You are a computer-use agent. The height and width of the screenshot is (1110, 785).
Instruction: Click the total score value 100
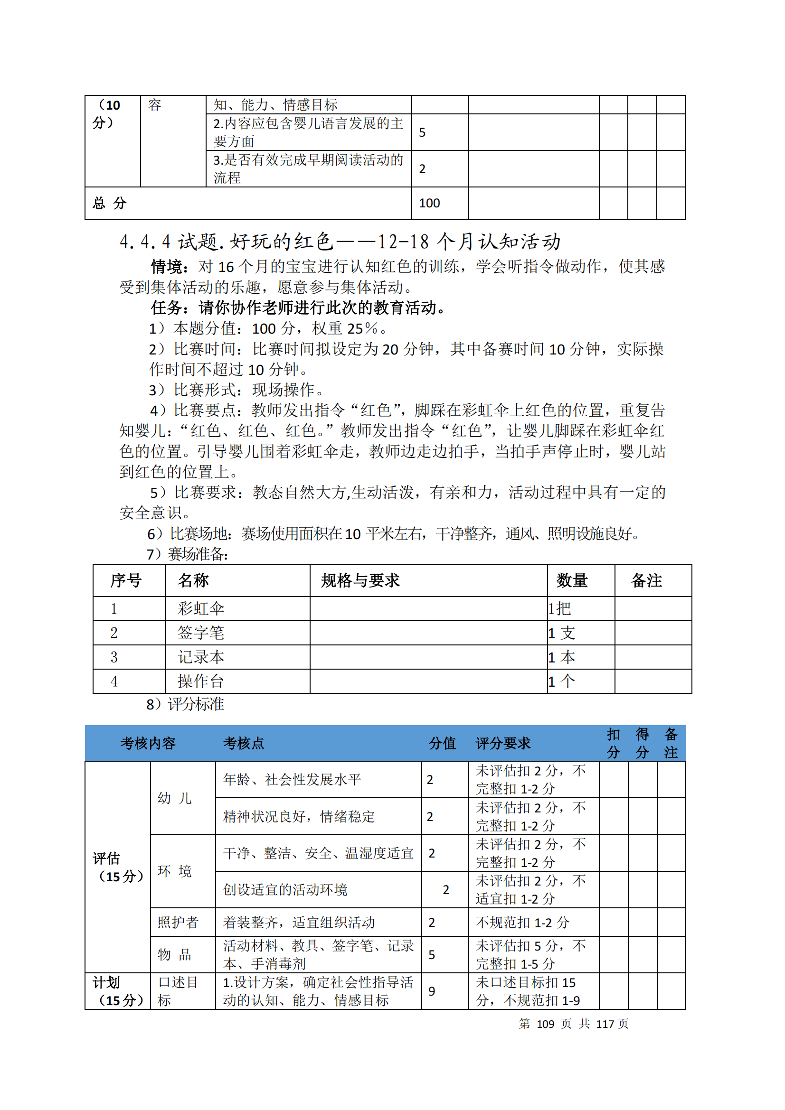coord(429,203)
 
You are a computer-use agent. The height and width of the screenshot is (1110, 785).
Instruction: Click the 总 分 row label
coord(109,203)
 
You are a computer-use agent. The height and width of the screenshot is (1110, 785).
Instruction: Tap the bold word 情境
coord(166,266)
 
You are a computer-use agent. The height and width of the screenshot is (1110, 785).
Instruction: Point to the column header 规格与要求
coord(360,580)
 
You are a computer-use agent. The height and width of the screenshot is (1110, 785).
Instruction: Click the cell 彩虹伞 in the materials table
coord(201,608)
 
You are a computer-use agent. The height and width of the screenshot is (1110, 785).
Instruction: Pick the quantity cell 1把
coord(559,608)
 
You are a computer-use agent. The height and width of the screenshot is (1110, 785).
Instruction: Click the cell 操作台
coord(201,681)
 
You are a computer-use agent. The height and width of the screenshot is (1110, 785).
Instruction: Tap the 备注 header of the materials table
coord(646,580)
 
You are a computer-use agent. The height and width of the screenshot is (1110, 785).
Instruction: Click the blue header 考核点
coord(243,743)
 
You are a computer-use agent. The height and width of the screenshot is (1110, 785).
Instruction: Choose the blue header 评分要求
coord(503,743)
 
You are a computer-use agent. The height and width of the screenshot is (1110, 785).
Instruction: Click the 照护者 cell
coord(178,922)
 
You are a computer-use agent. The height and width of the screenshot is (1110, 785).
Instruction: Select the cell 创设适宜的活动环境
coord(285,889)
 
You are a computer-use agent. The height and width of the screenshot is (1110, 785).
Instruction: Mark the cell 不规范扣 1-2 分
coord(522,923)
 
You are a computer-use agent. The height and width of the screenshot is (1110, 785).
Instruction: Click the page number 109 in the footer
coord(545,1024)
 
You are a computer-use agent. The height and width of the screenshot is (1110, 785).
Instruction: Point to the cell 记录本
coord(201,657)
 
